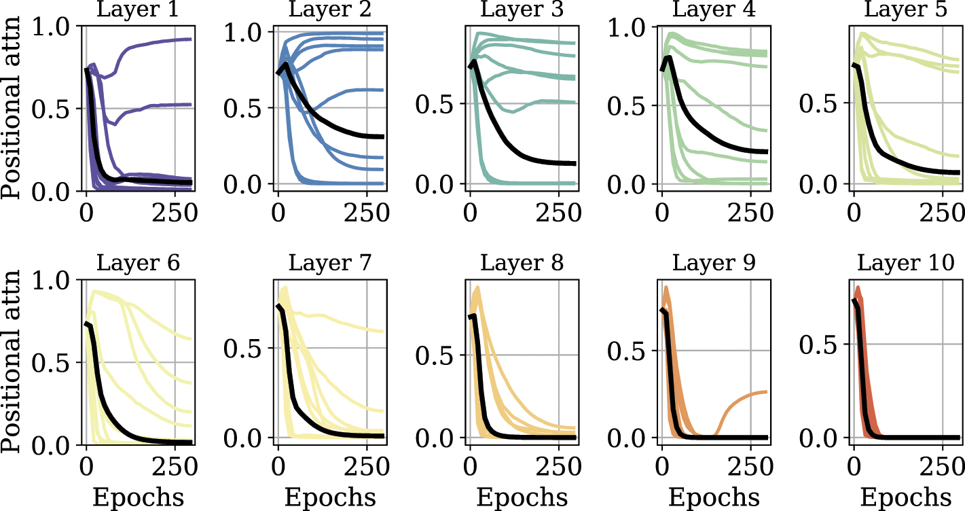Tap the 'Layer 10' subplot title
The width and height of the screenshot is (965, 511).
coord(907,263)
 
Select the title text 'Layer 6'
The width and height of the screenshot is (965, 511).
coord(139,263)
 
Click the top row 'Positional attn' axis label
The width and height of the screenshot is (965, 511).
coord(14,108)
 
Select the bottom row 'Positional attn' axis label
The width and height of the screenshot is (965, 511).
coord(14,362)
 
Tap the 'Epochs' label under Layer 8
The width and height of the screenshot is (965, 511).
coord(522,497)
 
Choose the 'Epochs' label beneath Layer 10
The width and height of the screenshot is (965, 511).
coord(907,497)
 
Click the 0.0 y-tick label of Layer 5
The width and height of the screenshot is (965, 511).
coord(824,184)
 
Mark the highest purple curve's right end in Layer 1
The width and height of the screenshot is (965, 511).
coord(189,39)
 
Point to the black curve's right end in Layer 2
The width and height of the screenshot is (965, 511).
coord(382,137)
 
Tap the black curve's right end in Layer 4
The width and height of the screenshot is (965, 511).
coord(766,152)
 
